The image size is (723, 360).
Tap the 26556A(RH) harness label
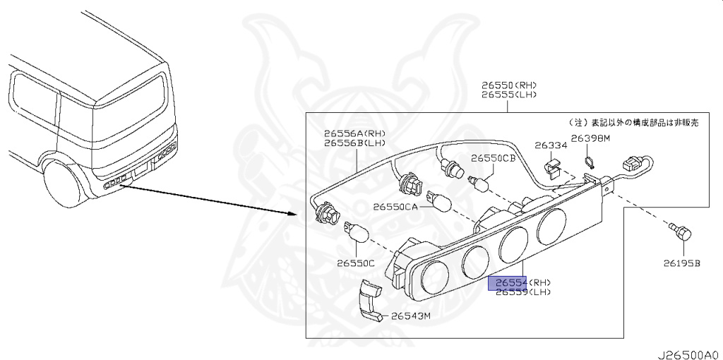tap(355, 133)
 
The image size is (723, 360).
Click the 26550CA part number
tap(396, 207)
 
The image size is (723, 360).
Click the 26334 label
tap(551, 145)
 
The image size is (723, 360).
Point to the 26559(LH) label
tap(522, 292)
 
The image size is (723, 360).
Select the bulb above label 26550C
tap(357, 231)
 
